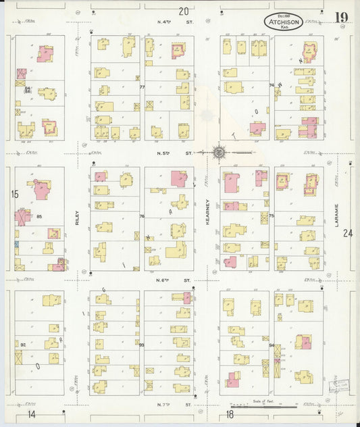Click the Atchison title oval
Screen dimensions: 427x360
[x=284, y=22]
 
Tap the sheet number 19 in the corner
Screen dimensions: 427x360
[x=340, y=17]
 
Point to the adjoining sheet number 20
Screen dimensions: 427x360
[x=184, y=11]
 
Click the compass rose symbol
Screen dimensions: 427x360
[x=220, y=153]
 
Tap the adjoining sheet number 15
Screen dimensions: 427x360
[x=14, y=195]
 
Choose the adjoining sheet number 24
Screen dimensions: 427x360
[x=347, y=234]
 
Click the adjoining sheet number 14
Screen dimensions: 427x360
[x=31, y=413]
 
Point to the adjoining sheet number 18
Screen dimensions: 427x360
[x=230, y=413]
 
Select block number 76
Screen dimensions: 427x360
[x=142, y=216]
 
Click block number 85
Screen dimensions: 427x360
[x=40, y=217]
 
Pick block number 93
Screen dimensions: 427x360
[x=142, y=345]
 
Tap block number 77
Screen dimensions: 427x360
[x=142, y=87]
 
